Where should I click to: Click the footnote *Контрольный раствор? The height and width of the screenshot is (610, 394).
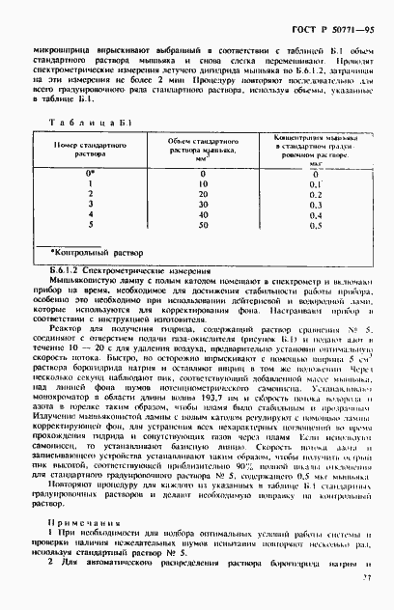(x=96, y=249)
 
